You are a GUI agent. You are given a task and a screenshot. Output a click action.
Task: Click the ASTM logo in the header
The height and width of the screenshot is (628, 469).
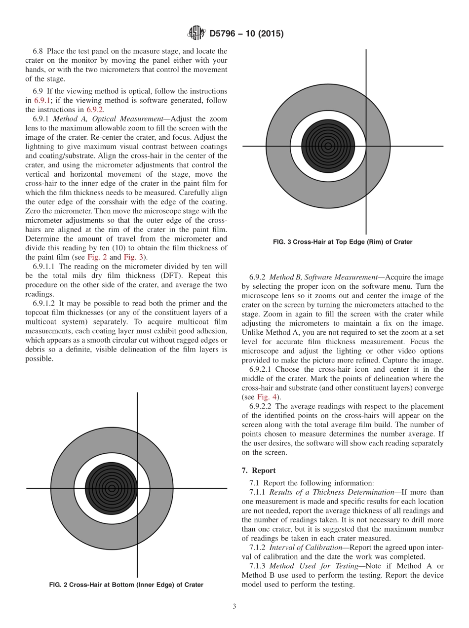coord(196,34)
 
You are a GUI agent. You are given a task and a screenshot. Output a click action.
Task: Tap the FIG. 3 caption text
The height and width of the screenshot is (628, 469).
coord(342,242)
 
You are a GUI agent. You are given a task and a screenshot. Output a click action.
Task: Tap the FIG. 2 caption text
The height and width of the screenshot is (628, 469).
coord(126,585)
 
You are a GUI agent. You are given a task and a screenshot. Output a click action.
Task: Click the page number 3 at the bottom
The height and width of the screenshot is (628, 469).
coord(234,606)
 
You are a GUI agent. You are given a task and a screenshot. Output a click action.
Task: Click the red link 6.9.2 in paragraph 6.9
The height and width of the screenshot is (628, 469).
coord(95,110)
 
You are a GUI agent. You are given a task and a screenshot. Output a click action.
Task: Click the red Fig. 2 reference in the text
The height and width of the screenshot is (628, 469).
coord(95,257)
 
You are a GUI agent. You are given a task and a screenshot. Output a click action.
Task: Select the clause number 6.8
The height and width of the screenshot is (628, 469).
coord(39,51)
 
